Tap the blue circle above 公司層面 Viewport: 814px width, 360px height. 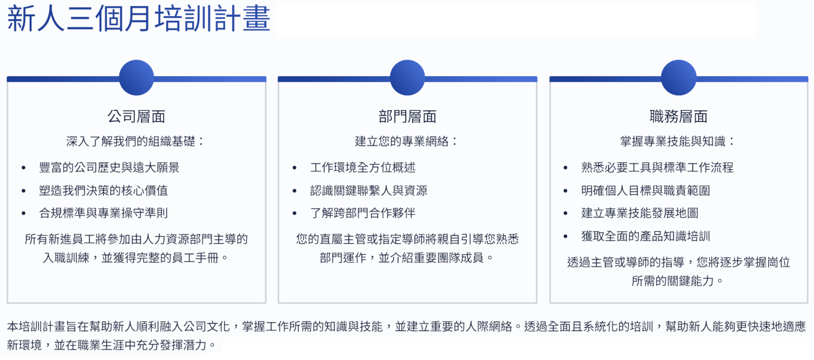pyautogui.click(x=137, y=78)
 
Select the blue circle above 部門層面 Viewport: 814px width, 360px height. pyautogui.click(x=408, y=78)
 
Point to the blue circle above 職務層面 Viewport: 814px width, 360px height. pyautogui.click(x=679, y=78)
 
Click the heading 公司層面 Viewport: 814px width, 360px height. pyautogui.click(x=137, y=116)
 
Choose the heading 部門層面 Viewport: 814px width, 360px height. pyautogui.click(x=408, y=116)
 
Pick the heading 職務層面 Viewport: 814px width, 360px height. pyautogui.click(x=679, y=116)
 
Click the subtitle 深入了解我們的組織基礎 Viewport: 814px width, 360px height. pyautogui.click(x=131, y=141)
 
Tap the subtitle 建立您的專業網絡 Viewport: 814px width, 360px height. pyautogui.click(x=401, y=141)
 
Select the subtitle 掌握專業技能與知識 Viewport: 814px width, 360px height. pyautogui.click(x=672, y=141)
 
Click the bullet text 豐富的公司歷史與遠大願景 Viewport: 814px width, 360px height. pyautogui.click(x=109, y=167)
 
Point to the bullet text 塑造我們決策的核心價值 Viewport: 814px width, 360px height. pyautogui.click(x=104, y=190)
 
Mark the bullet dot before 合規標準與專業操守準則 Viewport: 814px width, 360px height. pyautogui.click(x=24, y=213)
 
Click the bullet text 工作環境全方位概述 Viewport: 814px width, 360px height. pyautogui.click(x=363, y=167)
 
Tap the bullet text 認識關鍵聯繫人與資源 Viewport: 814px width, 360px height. pyautogui.click(x=368, y=190)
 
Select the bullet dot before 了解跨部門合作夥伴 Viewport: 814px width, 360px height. pyautogui.click(x=294, y=213)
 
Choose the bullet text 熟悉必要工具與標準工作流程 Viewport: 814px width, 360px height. pyautogui.click(x=657, y=167)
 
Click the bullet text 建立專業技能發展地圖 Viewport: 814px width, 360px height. pyautogui.click(x=639, y=213)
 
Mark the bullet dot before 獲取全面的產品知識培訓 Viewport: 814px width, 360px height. pyautogui.click(x=565, y=236)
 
